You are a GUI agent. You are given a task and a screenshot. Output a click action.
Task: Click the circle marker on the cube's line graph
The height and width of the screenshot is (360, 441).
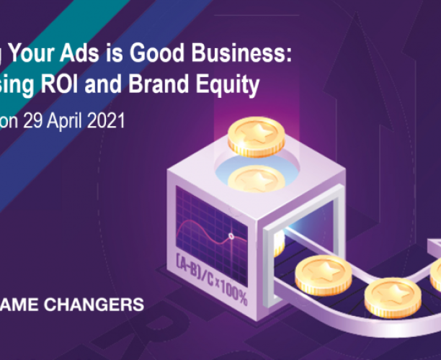tap(231, 235)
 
